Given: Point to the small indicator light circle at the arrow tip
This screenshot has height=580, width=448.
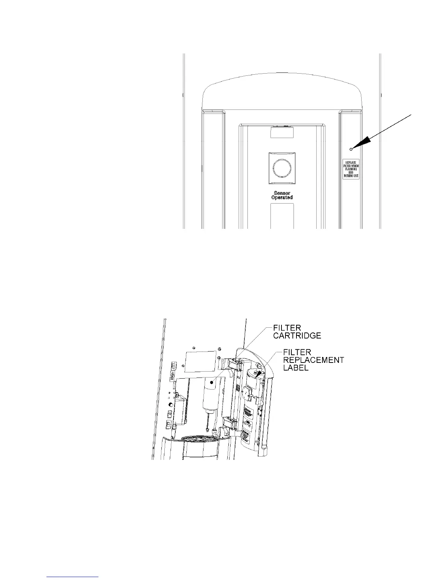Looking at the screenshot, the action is pos(351,149).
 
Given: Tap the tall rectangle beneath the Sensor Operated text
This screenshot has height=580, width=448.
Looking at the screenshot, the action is pos(282,216).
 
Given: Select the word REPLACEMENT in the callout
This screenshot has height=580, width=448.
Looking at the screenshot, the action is pos(314,360).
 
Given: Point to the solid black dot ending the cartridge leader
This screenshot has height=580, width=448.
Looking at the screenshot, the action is pos(211,382).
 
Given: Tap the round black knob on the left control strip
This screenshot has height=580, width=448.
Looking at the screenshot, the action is pos(171,405).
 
